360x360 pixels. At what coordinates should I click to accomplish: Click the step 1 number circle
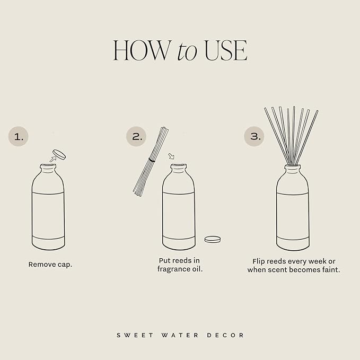(x=19, y=136)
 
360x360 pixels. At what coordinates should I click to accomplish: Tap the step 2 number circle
(x=137, y=136)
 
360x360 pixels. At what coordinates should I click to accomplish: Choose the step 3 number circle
(x=255, y=136)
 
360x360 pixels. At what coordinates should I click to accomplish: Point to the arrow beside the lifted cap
(x=52, y=157)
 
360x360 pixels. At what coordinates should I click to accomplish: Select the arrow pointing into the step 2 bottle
(x=171, y=156)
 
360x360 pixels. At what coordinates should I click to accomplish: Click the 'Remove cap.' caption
(x=50, y=264)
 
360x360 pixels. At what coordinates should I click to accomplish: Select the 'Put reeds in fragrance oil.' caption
(x=180, y=265)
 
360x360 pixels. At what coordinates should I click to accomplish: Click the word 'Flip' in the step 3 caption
(x=260, y=261)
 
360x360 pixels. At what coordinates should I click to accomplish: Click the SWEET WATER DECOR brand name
(x=180, y=335)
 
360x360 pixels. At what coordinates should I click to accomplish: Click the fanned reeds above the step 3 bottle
(x=292, y=133)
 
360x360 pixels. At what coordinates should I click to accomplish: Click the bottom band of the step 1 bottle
(x=48, y=242)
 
